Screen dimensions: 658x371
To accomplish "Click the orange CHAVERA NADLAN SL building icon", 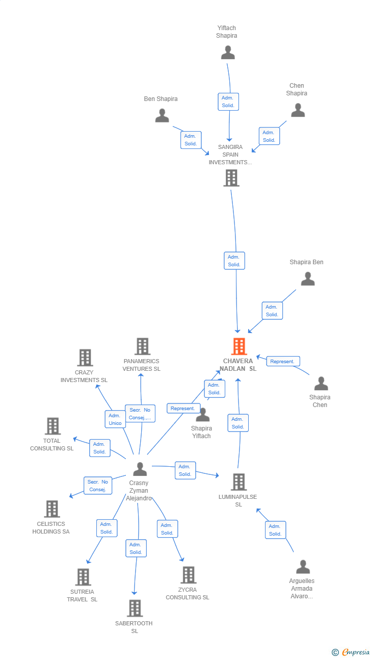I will [238, 346].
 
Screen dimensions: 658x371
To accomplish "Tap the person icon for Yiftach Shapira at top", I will [228, 53].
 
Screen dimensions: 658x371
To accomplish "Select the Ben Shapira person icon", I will [162, 116].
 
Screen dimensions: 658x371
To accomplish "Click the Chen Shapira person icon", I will [298, 110].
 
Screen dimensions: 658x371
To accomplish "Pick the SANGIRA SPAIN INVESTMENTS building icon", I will [231, 178].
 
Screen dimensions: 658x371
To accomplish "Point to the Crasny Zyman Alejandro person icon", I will [140, 469].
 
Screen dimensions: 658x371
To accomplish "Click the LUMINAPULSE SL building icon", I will [238, 482].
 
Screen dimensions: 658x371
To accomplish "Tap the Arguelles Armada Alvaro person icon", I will [303, 567].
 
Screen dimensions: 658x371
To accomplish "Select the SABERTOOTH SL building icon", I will [135, 609].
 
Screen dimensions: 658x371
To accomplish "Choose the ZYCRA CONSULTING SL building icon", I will [188, 575].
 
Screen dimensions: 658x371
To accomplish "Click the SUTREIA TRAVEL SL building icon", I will [83, 577].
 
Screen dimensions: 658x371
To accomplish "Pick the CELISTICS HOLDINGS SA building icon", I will [52, 509].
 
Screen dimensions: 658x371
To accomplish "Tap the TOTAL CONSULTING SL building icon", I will [52, 426].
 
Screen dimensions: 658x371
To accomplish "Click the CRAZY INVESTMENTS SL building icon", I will [85, 358].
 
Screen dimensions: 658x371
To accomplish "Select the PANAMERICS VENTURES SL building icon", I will [142, 346].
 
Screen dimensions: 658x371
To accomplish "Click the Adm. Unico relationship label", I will [115, 419].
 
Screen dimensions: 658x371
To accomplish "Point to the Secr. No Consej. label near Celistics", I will [97, 486].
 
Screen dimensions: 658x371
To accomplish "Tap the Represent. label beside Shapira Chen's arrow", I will [283, 361].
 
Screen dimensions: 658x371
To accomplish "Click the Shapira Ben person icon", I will [308, 279].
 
